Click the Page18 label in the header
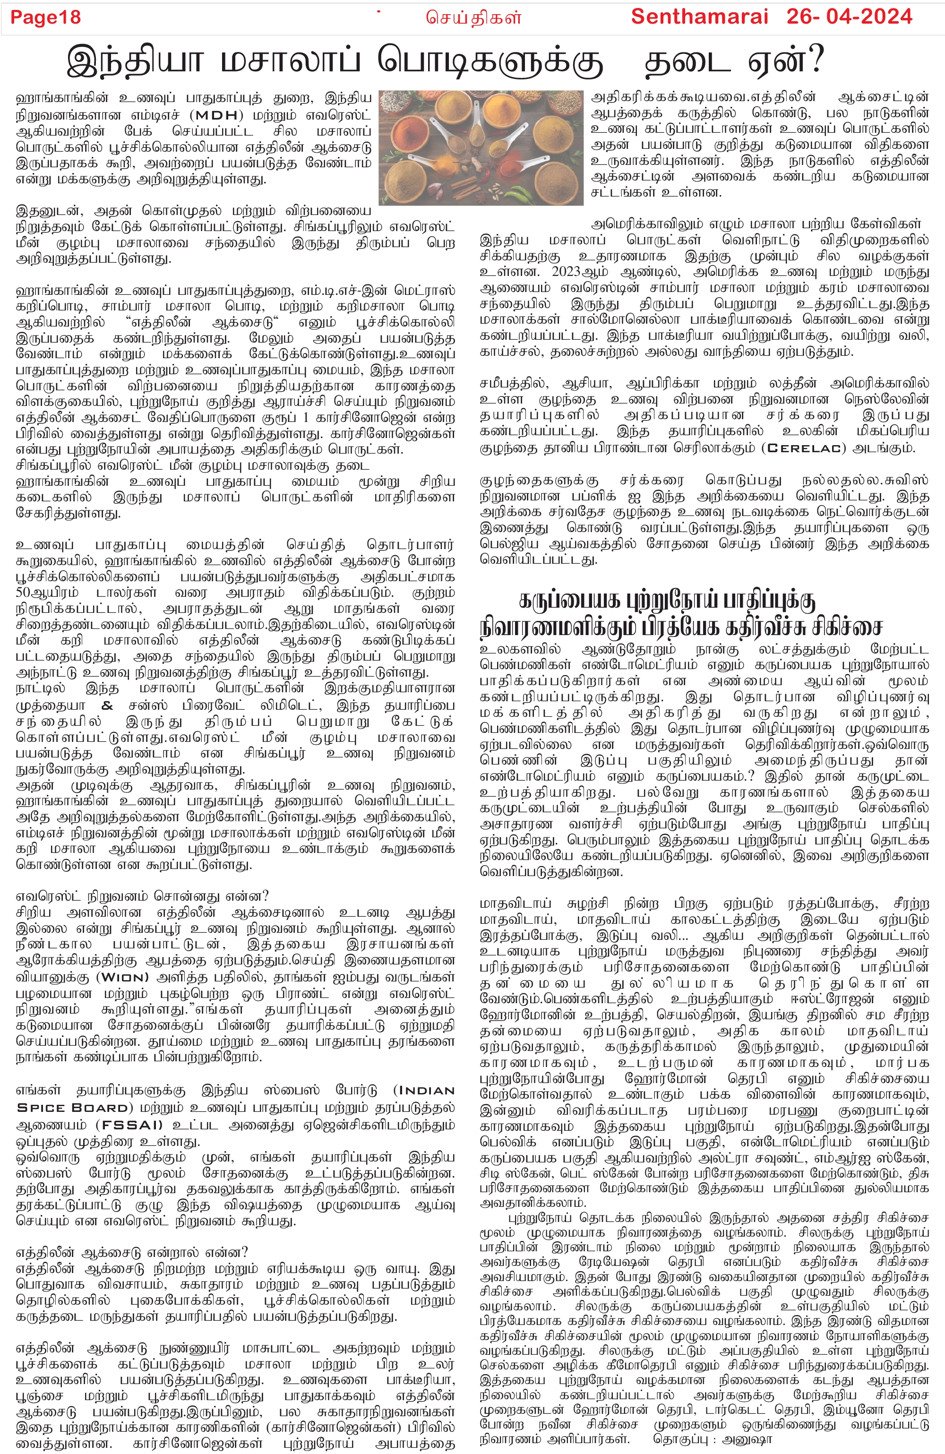[x=46, y=17]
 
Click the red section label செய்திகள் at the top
[x=474, y=17]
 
